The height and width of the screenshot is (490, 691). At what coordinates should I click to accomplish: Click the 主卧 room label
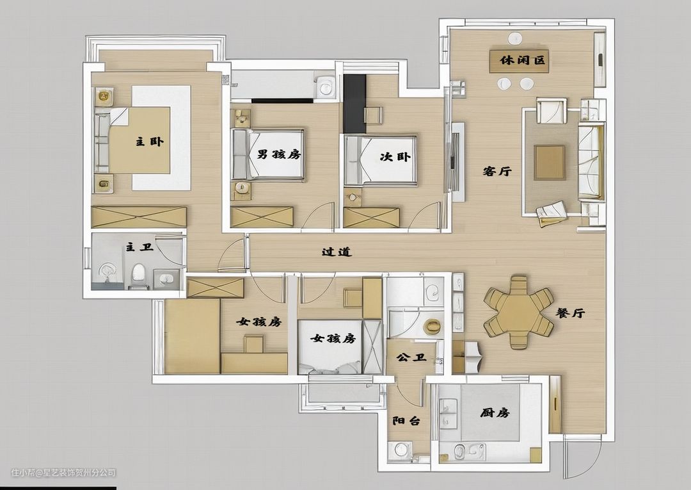[x=149, y=142]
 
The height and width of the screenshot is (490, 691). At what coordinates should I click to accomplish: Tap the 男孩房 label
[x=279, y=154]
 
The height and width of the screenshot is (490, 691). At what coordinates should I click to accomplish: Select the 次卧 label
[x=395, y=156]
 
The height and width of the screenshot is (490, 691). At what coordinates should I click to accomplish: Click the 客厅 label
[x=497, y=171]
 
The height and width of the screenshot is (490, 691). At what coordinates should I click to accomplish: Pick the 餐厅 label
[x=570, y=313]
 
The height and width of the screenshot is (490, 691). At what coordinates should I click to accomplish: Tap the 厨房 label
[x=495, y=413]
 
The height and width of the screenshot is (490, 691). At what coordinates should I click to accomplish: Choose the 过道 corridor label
[x=337, y=252]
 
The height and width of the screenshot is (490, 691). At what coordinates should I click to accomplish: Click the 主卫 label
[x=139, y=247]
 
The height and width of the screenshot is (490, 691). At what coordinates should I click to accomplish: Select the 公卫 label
[x=411, y=357]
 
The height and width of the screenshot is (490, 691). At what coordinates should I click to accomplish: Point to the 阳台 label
[x=406, y=421]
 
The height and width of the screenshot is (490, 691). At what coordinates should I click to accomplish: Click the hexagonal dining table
[x=519, y=312]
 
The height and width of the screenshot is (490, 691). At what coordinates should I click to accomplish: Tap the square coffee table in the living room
[x=550, y=162]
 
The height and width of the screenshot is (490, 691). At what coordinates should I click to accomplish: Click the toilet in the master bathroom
[x=138, y=273]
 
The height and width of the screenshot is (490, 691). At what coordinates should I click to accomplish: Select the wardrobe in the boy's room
[x=262, y=217]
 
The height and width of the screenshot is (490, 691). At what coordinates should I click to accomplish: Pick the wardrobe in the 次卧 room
[x=371, y=218]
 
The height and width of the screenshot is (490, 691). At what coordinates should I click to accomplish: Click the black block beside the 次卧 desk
[x=354, y=104]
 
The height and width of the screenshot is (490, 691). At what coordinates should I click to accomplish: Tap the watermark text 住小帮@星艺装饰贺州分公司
[x=63, y=473]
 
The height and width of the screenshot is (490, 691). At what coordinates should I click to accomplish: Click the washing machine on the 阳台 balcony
[x=400, y=450]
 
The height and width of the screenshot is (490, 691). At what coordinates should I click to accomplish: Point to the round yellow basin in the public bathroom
[x=431, y=326]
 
